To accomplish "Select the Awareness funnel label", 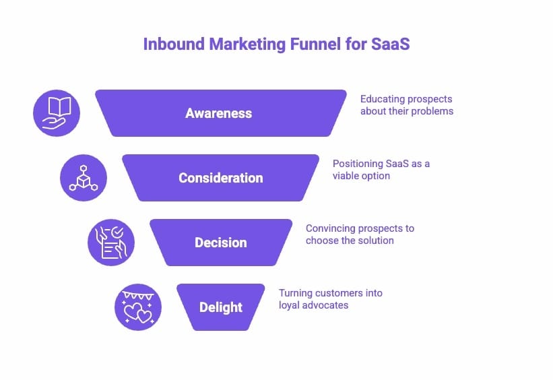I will tap(219, 113).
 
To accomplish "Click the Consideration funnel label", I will tap(221, 178).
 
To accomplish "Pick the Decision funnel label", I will tap(221, 243).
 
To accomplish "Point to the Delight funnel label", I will tap(221, 307).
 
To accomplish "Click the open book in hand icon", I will tap(57, 113).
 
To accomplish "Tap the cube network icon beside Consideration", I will tap(84, 177).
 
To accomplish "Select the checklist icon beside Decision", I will tap(111, 243).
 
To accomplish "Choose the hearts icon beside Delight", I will tap(138, 307).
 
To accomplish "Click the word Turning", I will tap(296, 293).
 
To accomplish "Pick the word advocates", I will tap(327, 305).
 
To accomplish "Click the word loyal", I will tap(290, 305).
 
